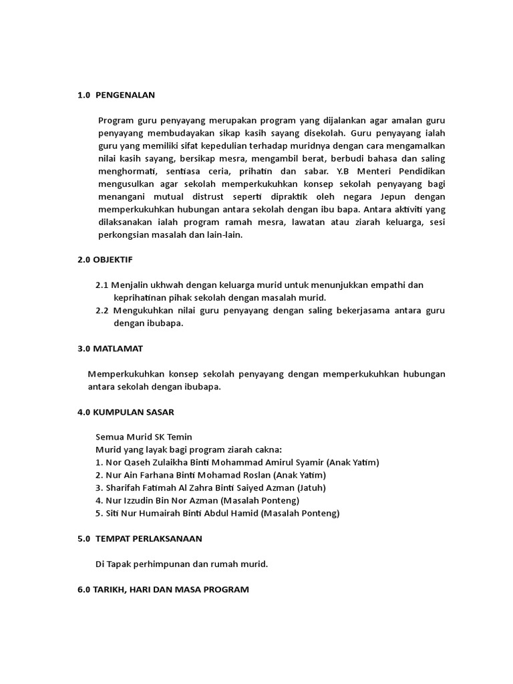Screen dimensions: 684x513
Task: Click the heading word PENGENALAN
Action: [126, 95]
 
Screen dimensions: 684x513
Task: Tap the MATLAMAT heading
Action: [110, 349]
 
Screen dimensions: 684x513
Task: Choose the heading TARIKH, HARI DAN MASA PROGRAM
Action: [164, 590]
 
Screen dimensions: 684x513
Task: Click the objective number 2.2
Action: [102, 311]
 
